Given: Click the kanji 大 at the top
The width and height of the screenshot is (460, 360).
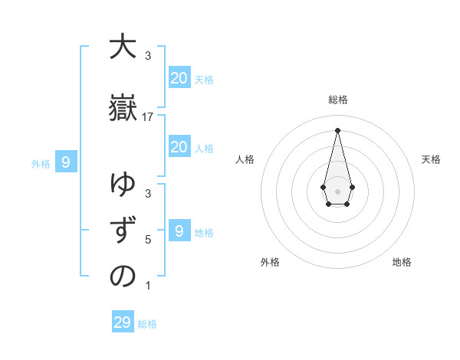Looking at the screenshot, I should click(123, 47).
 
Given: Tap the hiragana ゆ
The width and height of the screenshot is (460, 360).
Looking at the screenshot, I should click(123, 185).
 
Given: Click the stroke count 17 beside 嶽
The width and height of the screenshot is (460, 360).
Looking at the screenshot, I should click(148, 116).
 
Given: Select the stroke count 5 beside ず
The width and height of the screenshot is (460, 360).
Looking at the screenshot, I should click(148, 240).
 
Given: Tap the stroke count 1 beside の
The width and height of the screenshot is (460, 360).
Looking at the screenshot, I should click(148, 286).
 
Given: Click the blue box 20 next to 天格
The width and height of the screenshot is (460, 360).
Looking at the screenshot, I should click(179, 78).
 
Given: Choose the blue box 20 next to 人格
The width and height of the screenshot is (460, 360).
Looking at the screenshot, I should click(179, 147).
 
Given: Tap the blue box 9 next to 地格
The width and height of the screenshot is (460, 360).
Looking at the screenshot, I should click(179, 231).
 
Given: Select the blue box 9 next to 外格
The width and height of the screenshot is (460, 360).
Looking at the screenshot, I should click(66, 162).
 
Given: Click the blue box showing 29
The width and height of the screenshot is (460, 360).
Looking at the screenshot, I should click(122, 322).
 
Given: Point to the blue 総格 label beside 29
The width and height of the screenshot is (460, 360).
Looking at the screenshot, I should click(147, 324).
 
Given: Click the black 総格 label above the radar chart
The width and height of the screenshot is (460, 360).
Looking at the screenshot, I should click(337, 100).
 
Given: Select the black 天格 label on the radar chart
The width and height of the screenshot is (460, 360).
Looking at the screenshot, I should click(431, 159).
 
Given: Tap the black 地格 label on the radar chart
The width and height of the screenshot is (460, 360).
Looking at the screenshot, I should click(402, 262).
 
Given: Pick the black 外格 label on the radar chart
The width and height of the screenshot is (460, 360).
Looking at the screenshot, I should click(270, 262).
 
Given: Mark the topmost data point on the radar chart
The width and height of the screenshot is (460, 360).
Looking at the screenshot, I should click(337, 129).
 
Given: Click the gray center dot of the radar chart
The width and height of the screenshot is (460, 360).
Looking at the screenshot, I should click(337, 190).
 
